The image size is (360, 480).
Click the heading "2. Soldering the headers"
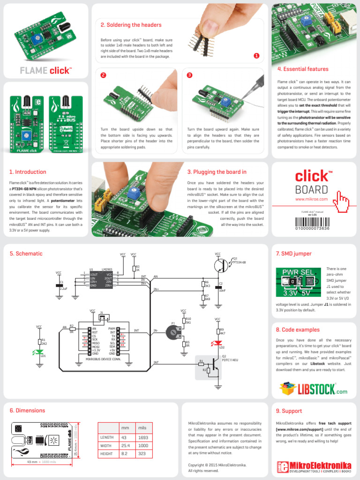[131, 25]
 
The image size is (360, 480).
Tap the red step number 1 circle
[256, 56]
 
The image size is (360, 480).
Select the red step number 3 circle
[189, 75]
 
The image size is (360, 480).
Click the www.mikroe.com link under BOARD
[311, 199]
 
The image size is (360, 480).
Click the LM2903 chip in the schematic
[101, 279]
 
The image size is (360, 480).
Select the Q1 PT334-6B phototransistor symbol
[222, 265]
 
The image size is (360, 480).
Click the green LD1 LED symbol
[43, 352]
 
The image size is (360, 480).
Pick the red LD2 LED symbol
[217, 343]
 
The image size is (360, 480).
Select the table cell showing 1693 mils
[143, 437]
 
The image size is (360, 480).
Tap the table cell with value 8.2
[125, 454]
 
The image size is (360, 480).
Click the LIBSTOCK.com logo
[313, 389]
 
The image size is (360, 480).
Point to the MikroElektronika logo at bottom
[314, 466]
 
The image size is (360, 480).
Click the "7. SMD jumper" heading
[293, 254]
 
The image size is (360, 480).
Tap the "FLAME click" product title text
[46, 71]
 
